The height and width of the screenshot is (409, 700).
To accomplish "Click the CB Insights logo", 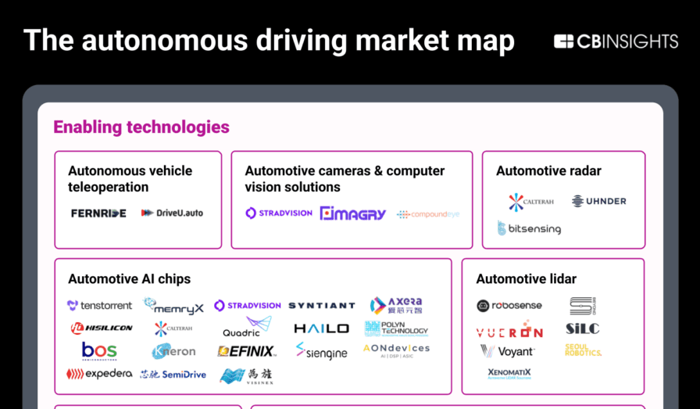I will point(616,41).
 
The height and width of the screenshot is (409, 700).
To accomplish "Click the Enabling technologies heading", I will point(141,127).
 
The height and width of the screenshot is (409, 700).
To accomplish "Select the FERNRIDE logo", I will point(98,213).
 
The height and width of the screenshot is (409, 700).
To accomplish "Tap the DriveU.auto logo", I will point(172,213).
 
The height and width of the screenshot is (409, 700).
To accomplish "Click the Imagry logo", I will point(352,213).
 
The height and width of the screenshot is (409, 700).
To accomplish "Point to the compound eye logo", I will point(427,213).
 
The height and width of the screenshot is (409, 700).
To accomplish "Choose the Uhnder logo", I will point(598,201).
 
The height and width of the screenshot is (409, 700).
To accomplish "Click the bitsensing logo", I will point(529,228).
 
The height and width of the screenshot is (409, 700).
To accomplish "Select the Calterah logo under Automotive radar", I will point(531,202).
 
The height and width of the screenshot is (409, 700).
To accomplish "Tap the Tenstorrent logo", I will point(99,305).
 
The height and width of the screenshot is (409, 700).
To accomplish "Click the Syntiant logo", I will point(321,306).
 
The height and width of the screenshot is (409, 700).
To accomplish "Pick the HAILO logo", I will point(321,328).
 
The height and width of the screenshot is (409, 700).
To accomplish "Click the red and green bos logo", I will point(99,350).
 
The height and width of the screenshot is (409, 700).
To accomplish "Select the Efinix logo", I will point(246,351).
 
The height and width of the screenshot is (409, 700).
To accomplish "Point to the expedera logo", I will point(99,374).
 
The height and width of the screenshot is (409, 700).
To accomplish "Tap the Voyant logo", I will point(508,351).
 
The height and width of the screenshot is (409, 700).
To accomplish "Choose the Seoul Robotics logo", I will point(583,350).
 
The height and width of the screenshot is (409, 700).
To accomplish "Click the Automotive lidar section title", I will point(526,279).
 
